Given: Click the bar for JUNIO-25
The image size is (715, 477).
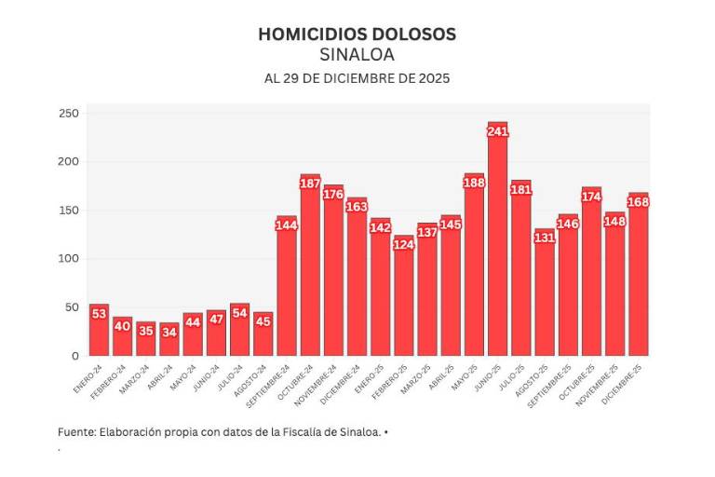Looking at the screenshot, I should pos(497,252).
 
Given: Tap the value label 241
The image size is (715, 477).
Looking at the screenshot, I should pos(497,132).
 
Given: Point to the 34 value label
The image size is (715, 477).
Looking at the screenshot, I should pos(169,330).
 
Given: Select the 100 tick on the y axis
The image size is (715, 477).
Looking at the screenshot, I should pos(70,258).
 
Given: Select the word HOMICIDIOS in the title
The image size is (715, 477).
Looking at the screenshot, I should pos(306,34).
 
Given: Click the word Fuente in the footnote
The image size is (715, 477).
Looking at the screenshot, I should pos(75,432).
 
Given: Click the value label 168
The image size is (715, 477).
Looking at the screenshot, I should pos(638,203).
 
